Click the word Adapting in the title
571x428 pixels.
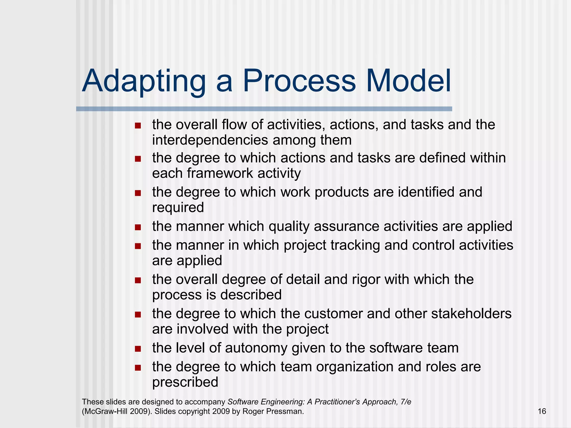pos(144,81)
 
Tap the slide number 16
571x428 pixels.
pos(542,411)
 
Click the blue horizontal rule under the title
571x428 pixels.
pos(264,109)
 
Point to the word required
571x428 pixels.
pos(178,207)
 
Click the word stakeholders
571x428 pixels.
pos(471,314)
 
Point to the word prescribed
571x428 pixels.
pos(185,382)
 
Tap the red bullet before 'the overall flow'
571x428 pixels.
pos(138,125)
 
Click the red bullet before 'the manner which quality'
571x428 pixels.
pos(138,227)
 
